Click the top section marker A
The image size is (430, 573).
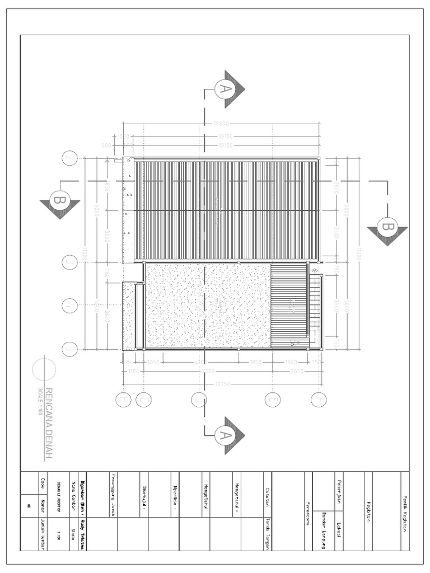[x=225, y=88]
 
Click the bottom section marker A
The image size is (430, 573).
[x=225, y=435]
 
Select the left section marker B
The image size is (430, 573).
[x=59, y=200]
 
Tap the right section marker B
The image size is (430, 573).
[x=387, y=226]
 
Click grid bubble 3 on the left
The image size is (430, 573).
[x=69, y=262]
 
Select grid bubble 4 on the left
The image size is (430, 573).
[x=69, y=306]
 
